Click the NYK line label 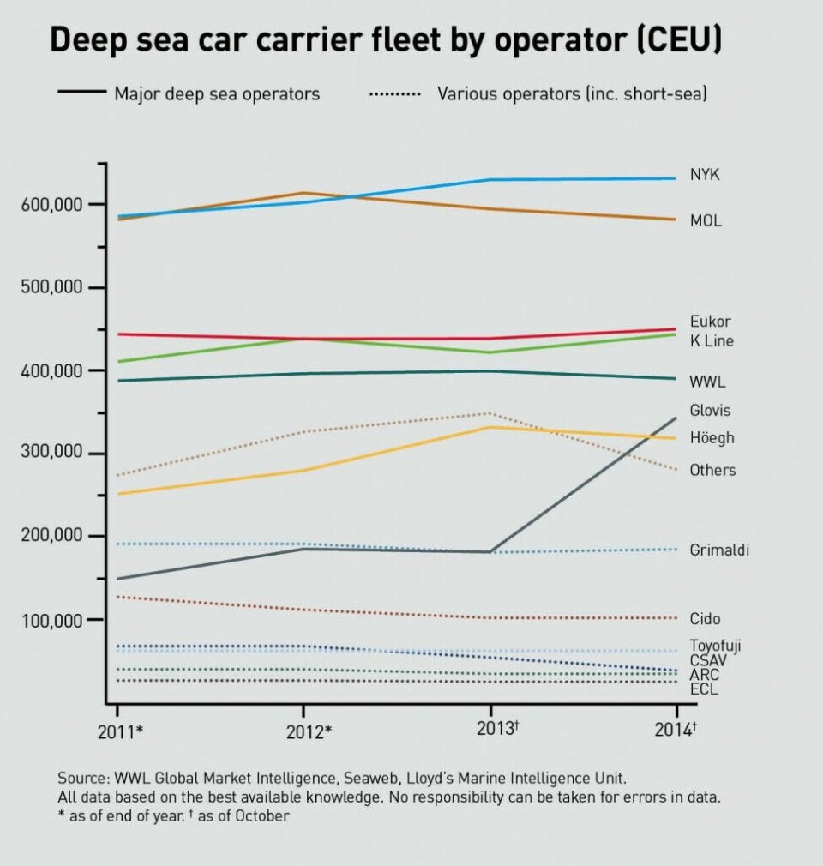tap(705, 175)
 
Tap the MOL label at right tap(706, 221)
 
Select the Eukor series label tap(711, 322)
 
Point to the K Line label tap(712, 341)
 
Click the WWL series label tap(707, 382)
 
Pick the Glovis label tap(711, 411)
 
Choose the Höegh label tap(712, 438)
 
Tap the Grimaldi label tap(719, 550)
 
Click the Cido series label tap(705, 619)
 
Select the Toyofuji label tap(717, 646)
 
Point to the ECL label tap(704, 689)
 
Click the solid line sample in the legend tap(81, 93)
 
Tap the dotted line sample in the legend tap(394, 93)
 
